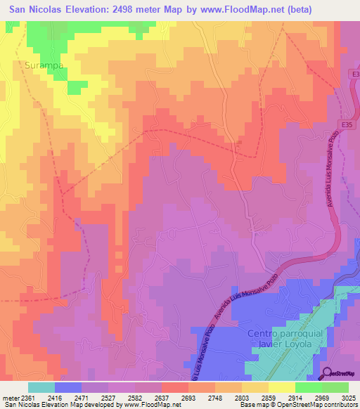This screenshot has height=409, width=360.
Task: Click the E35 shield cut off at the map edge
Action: pyautogui.click(x=354, y=73)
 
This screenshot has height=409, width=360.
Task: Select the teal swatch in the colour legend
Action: pyautogui.click(x=41, y=387)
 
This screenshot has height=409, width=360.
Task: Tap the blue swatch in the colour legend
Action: pyautogui.click(x=67, y=387)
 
